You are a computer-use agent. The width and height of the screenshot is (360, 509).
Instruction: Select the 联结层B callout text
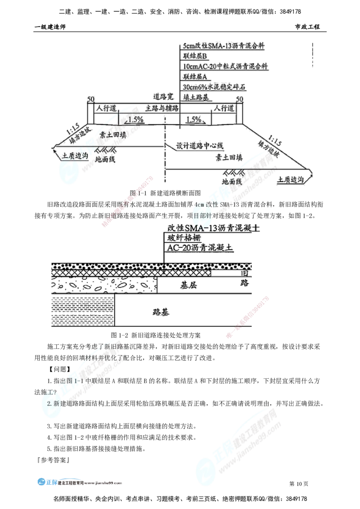point(195,56)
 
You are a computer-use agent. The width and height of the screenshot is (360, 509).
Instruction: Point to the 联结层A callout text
point(195,76)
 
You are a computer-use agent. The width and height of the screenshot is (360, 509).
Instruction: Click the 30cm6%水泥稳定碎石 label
point(215,86)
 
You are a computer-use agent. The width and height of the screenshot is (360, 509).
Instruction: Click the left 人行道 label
point(107,108)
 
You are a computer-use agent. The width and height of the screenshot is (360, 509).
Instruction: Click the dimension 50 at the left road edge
point(90,98)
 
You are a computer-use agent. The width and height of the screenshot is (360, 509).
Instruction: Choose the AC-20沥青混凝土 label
point(201,248)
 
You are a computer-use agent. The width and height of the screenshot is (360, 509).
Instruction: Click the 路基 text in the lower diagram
point(161,312)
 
